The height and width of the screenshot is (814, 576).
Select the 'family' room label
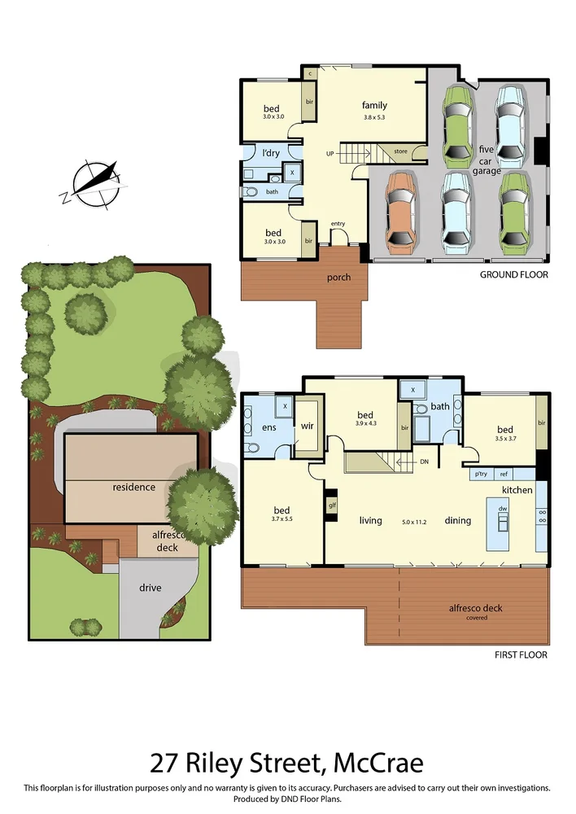point(374,105)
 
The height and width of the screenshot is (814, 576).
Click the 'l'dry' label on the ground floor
point(270,152)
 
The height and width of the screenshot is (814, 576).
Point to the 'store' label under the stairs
point(400,151)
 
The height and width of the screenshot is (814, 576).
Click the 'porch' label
point(338,278)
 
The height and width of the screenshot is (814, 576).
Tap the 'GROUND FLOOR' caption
point(513,275)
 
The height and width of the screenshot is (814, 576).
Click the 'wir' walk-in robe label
point(308,424)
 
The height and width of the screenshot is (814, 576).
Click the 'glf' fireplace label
point(331,505)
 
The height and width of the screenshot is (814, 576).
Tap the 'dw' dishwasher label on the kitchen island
point(503,509)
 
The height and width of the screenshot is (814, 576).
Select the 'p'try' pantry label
point(480,474)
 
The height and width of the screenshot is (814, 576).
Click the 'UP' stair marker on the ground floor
point(329,153)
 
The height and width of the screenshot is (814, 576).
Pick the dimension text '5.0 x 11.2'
point(413,522)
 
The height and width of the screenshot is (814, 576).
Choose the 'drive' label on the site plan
point(150,588)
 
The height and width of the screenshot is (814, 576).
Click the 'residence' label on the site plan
point(133,487)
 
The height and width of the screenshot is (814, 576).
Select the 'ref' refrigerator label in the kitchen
point(504,474)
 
